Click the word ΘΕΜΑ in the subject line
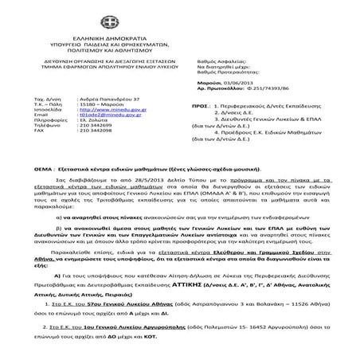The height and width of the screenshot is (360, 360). pos(44,171)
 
